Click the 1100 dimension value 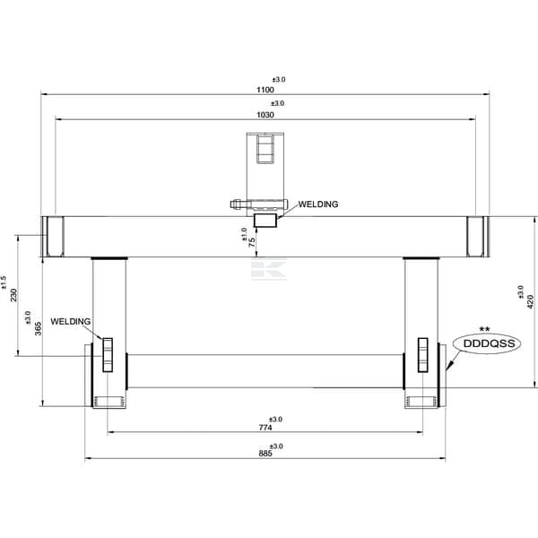coord(265,90)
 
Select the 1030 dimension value coord(265,115)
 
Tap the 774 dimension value coord(265,428)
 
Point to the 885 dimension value coord(265,453)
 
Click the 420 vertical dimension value coord(531,301)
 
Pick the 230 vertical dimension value coord(13,295)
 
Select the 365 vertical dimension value coord(39,328)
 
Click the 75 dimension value coord(252,242)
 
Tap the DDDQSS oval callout coord(487,343)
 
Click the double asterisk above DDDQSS coord(484,330)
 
